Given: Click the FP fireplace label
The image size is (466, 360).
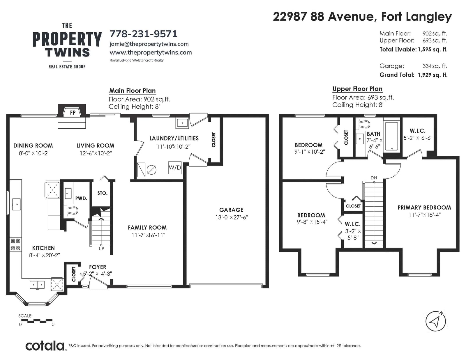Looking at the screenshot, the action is click(x=73, y=113).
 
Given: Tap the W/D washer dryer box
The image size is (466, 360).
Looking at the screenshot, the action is click(x=175, y=168).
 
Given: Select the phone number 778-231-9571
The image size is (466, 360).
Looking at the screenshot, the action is click(x=144, y=34).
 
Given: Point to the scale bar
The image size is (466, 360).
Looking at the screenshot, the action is click(x=37, y=321).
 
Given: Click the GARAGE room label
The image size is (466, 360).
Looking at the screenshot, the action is click(x=231, y=210).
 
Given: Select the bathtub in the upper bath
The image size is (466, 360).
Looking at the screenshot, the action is click(x=392, y=136).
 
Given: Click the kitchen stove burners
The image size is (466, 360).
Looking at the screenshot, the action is click(x=15, y=244).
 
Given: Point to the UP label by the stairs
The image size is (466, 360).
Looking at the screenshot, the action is click(x=101, y=249).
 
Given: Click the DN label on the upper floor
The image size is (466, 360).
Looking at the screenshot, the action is click(x=374, y=178).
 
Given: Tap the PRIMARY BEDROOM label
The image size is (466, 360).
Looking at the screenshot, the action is click(x=424, y=208).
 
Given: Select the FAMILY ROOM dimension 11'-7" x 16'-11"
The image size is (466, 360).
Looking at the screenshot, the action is click(x=149, y=235).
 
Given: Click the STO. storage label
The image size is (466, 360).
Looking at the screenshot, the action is click(x=102, y=193).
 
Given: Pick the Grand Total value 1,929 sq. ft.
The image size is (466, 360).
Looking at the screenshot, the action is click(x=433, y=75).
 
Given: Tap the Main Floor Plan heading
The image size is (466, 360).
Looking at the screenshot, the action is click(x=132, y=91).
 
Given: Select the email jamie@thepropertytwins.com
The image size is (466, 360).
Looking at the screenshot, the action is click(x=149, y=44).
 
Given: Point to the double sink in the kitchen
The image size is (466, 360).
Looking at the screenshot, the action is click(x=37, y=285).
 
